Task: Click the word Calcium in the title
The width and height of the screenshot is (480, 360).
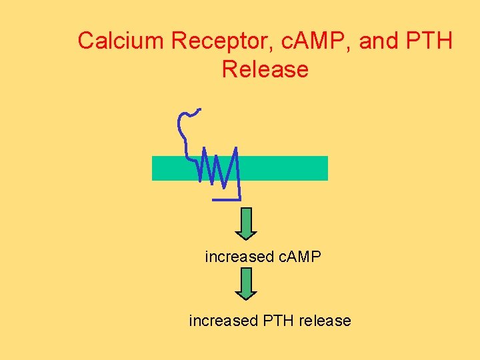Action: tap(121, 41)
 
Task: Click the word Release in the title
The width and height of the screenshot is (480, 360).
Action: tap(265, 69)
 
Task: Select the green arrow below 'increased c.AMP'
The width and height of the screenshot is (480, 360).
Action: tap(247, 284)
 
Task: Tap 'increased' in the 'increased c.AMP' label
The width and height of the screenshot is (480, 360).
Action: tap(239, 257)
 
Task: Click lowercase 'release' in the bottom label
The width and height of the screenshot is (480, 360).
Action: tap(325, 321)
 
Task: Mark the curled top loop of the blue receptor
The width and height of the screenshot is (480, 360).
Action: tap(187, 120)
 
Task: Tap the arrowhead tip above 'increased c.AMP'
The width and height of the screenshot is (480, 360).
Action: tap(247, 237)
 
